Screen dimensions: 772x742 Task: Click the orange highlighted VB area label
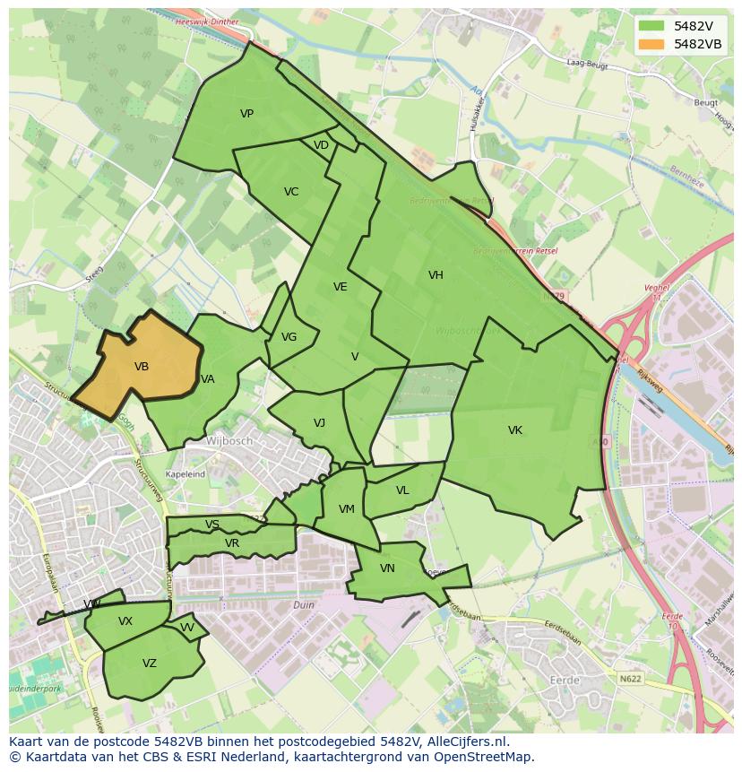142,366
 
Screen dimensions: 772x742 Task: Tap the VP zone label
246,114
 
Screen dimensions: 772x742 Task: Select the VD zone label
321,145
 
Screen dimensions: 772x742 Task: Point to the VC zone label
291,192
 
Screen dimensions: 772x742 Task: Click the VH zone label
436,275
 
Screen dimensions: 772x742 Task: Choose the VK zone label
515,430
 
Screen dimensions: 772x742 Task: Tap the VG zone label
289,337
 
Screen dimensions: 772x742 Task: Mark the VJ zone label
319,423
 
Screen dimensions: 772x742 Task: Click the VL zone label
402,490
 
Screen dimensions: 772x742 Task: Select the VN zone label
387,568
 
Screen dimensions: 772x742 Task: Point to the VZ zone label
150,664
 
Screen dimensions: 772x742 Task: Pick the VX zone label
125,621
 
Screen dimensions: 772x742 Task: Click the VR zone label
232,543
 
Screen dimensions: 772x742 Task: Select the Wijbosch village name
229,441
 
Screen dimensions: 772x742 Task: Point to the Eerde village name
565,681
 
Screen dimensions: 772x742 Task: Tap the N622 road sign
630,679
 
